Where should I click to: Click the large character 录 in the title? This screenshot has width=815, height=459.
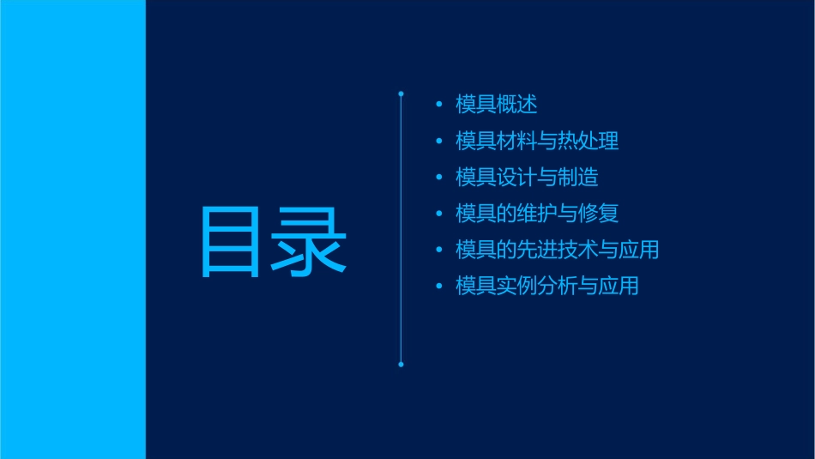tap(311, 243)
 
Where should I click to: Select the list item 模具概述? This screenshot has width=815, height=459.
tap(497, 105)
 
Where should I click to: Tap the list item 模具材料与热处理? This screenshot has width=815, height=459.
tap(537, 141)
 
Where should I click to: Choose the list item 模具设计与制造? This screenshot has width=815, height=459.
tap(527, 178)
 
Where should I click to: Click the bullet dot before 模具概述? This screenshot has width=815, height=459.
tap(439, 105)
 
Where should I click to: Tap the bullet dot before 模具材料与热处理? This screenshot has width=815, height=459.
tap(439, 142)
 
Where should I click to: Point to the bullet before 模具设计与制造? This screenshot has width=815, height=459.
tap(439, 178)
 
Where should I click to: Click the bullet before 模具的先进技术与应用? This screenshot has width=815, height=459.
tap(439, 251)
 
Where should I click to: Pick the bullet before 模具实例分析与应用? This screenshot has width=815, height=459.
tap(439, 287)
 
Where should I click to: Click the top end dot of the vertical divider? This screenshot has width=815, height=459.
tap(401, 93)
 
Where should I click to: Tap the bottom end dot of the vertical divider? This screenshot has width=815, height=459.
tap(401, 365)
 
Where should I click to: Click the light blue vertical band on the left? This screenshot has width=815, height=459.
tap(72, 229)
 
